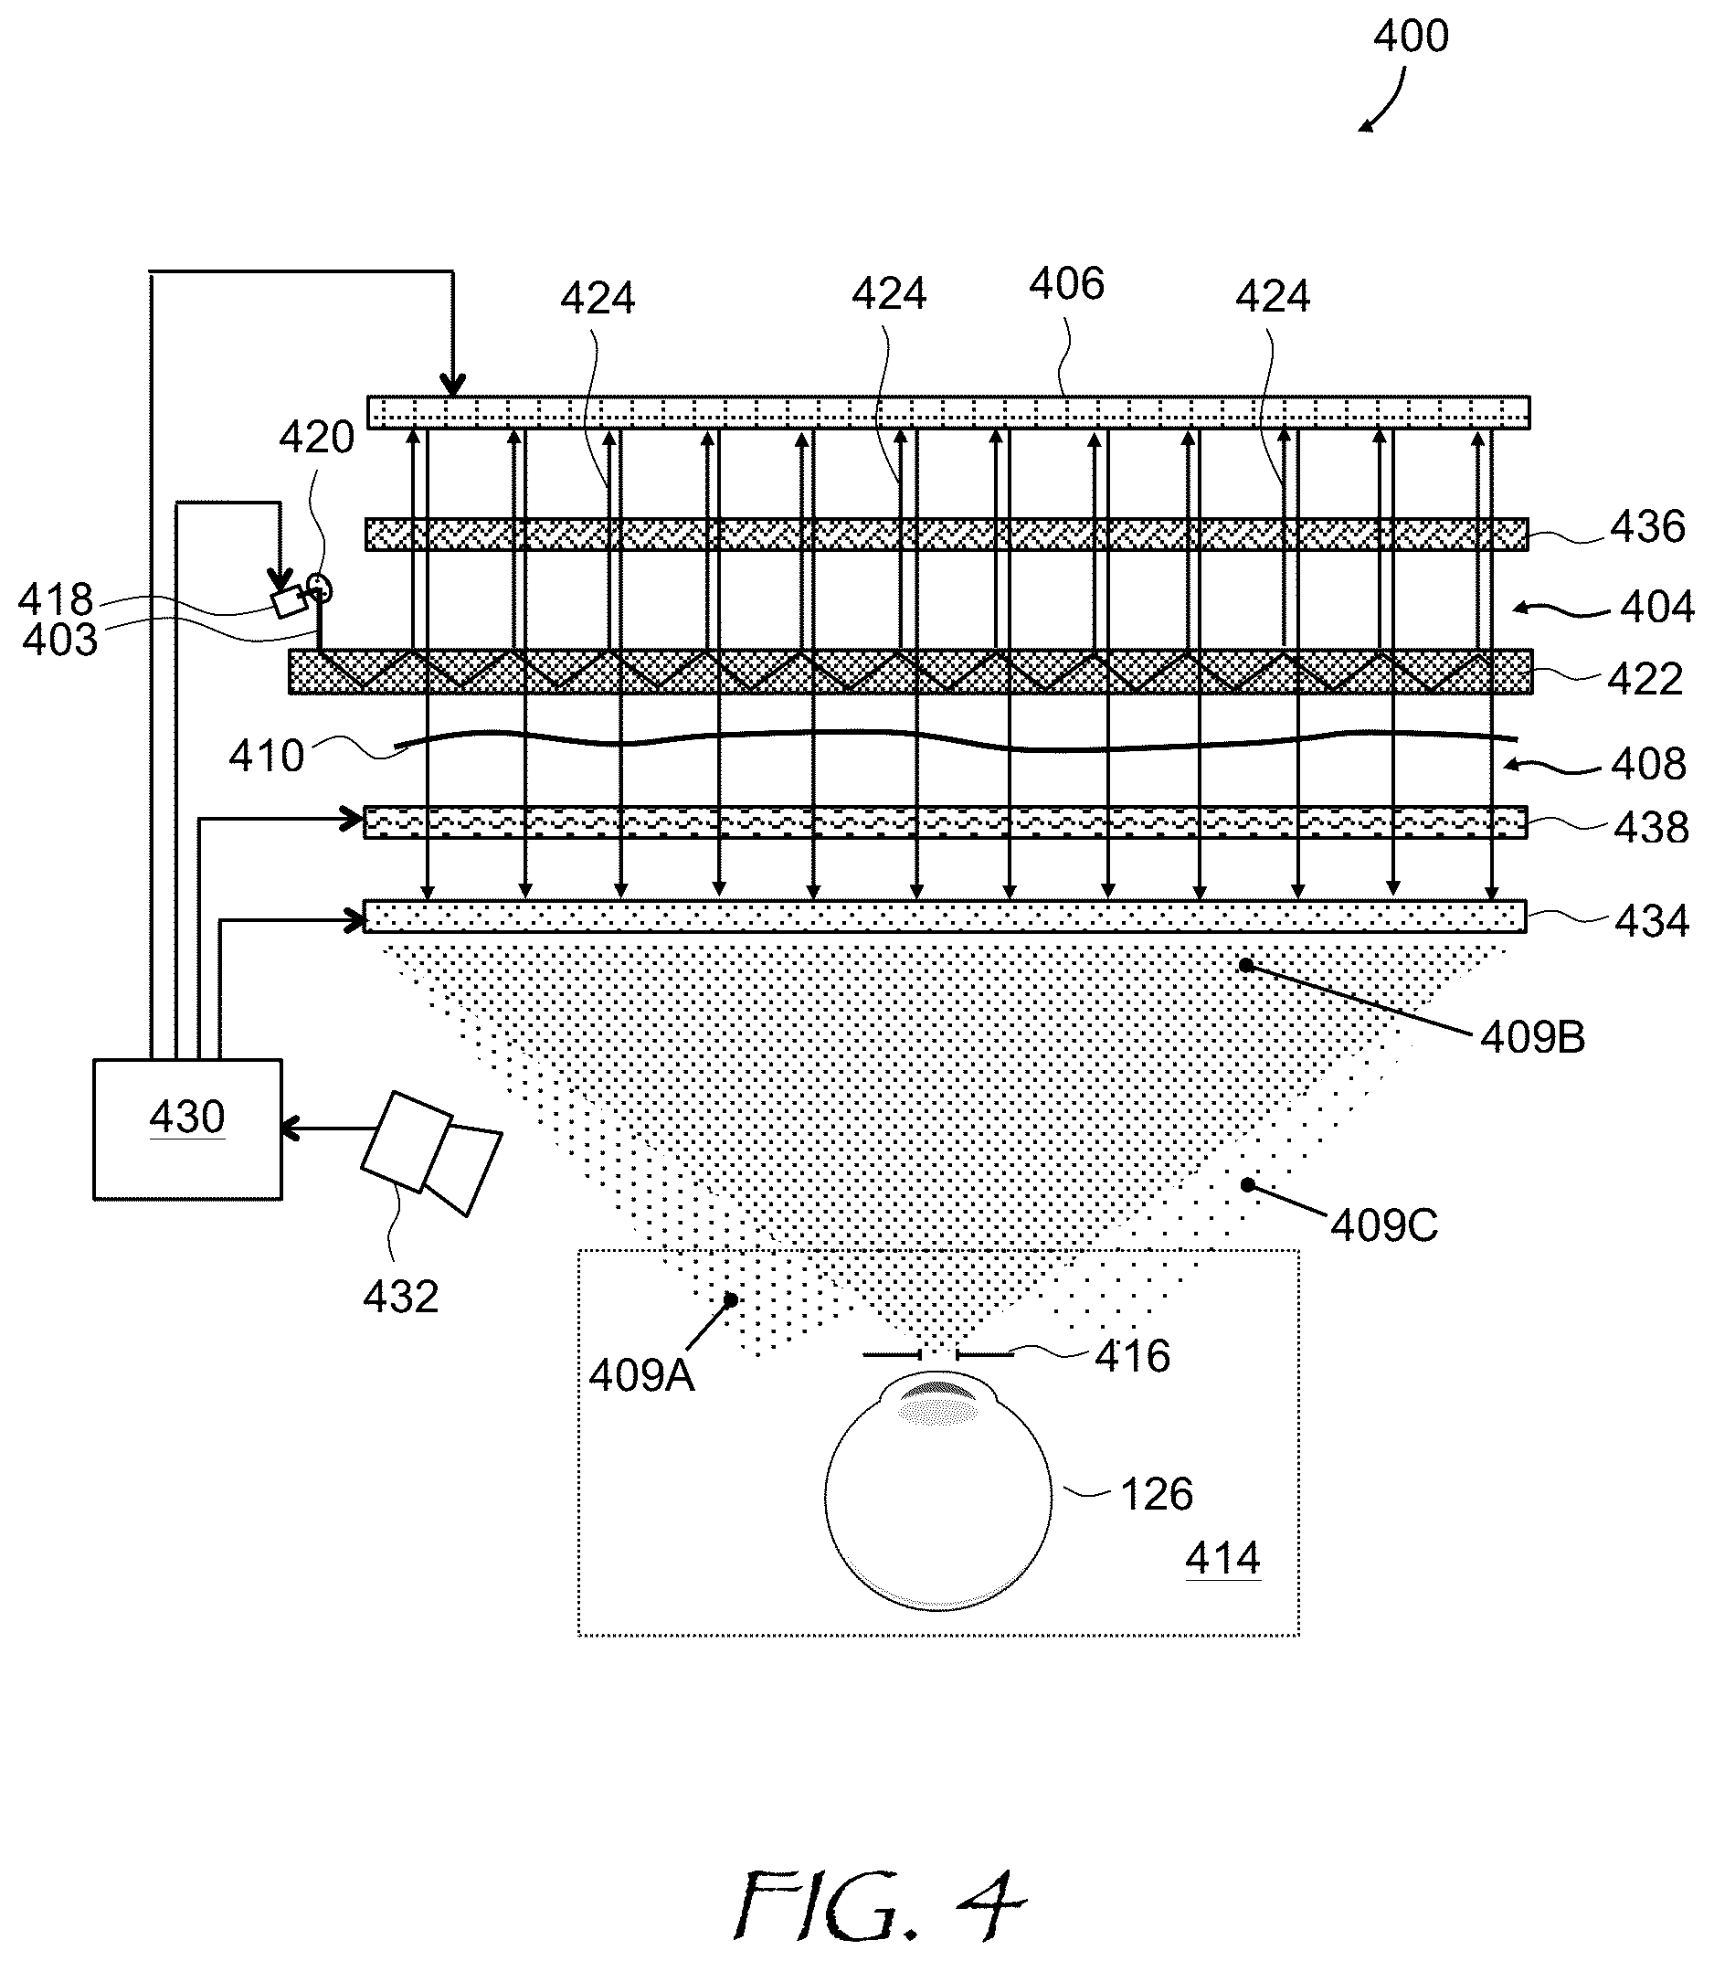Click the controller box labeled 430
click(187, 1129)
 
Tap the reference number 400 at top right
click(1411, 37)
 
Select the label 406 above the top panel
click(1066, 284)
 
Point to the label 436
click(1647, 527)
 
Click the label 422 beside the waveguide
click(1645, 679)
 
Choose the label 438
click(1651, 828)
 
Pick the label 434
click(1652, 921)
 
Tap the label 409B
click(1532, 1037)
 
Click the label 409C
click(1384, 1225)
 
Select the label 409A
click(640, 1375)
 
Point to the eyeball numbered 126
click(938, 1492)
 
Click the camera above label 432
click(431, 1152)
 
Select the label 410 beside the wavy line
click(266, 757)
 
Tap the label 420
click(317, 437)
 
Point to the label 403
click(59, 640)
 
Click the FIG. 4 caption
click(878, 1903)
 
